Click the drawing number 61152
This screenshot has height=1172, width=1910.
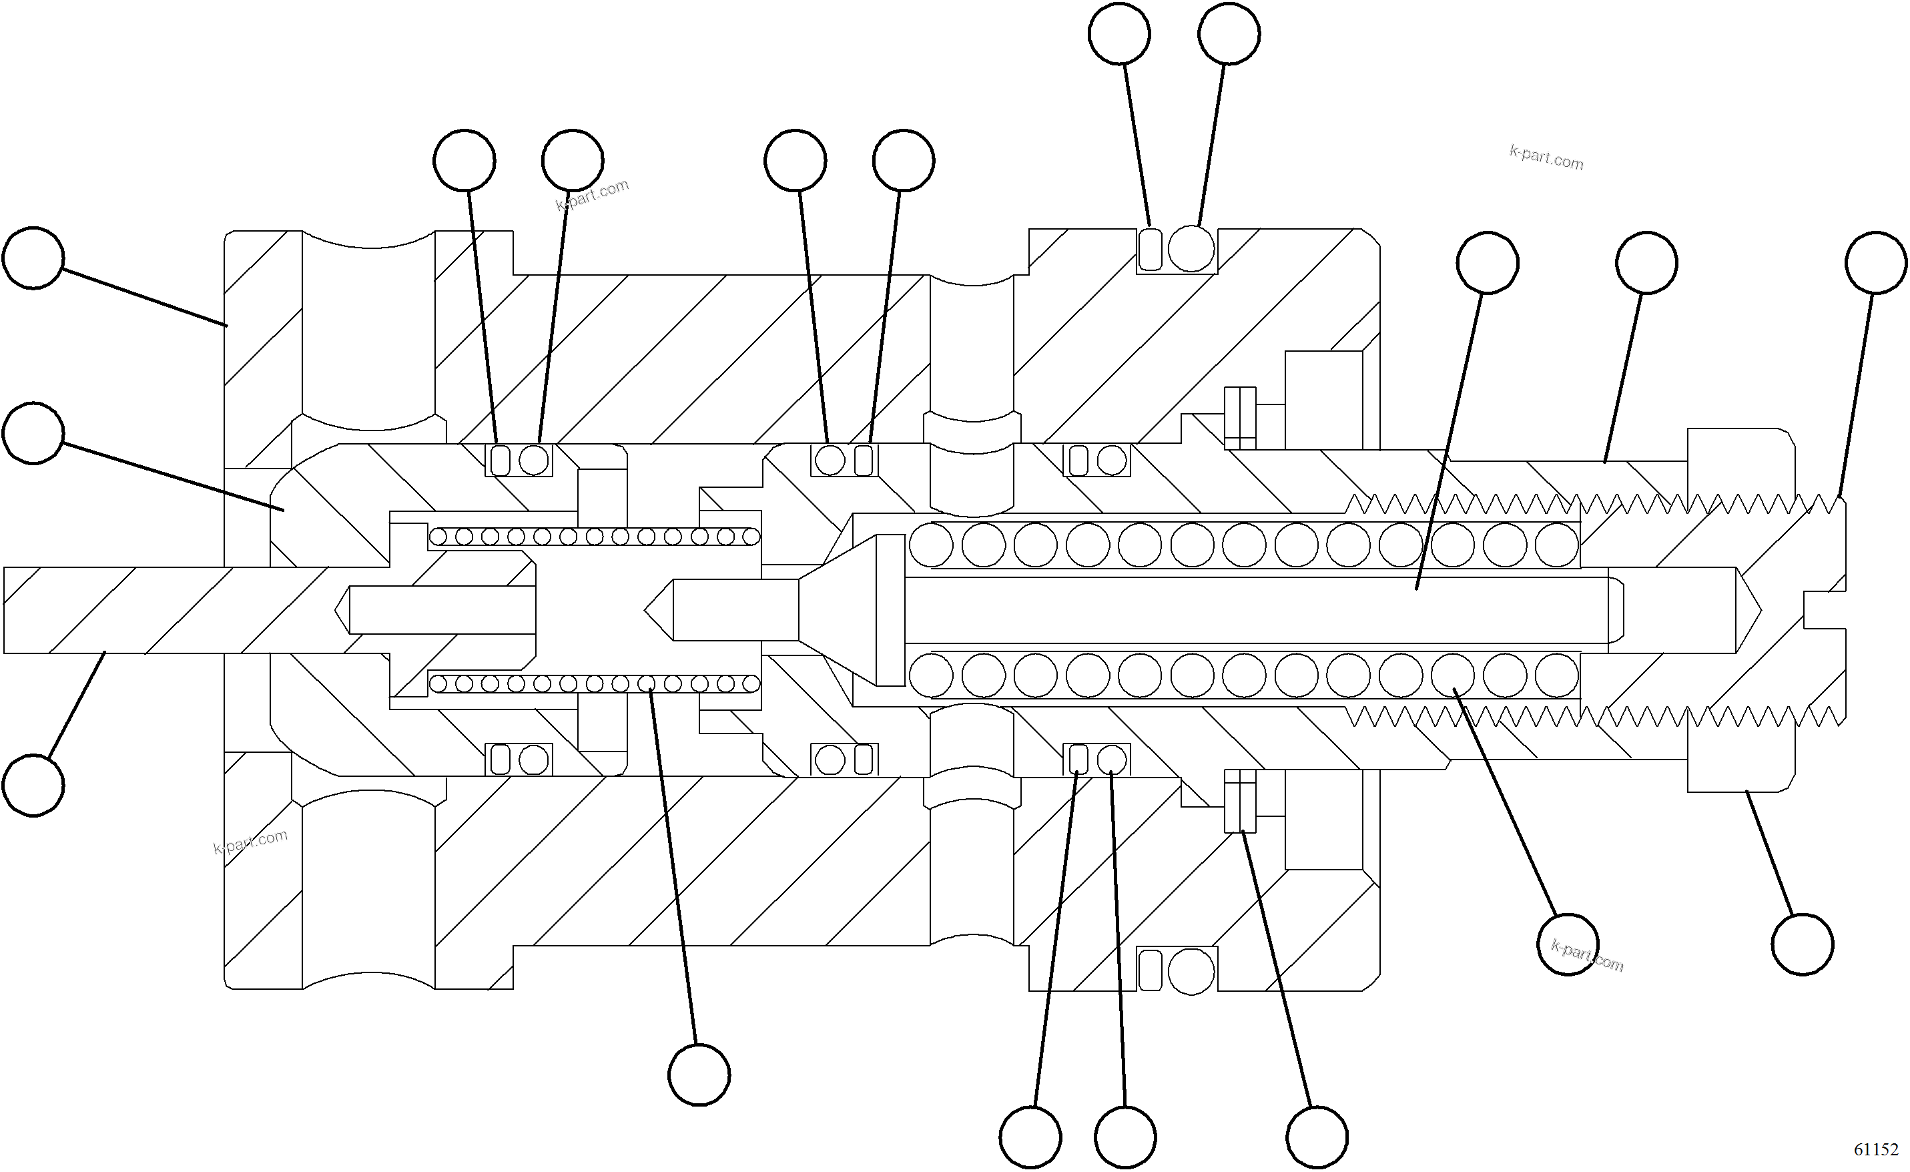(1876, 1148)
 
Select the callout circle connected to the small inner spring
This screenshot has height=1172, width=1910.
(699, 1075)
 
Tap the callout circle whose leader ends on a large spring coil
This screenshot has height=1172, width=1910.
(1568, 944)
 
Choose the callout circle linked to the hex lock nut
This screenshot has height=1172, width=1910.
(1803, 944)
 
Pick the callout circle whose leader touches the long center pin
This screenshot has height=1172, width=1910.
(1488, 263)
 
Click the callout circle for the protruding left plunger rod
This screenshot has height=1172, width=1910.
(33, 785)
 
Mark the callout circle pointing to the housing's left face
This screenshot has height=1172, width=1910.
(33, 258)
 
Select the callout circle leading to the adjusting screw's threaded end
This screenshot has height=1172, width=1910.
(1876, 263)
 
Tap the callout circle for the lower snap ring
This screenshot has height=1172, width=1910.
(1317, 1137)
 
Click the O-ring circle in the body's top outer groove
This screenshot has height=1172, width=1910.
(1191, 249)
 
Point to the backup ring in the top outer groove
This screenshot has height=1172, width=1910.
(1151, 249)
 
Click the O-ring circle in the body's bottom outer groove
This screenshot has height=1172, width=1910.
(1191, 971)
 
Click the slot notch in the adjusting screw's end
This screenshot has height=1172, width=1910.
(1824, 610)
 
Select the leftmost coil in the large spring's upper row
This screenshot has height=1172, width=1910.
(931, 544)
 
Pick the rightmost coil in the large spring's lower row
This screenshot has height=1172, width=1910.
(1556, 675)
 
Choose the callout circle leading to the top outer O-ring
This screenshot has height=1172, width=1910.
(1229, 34)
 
